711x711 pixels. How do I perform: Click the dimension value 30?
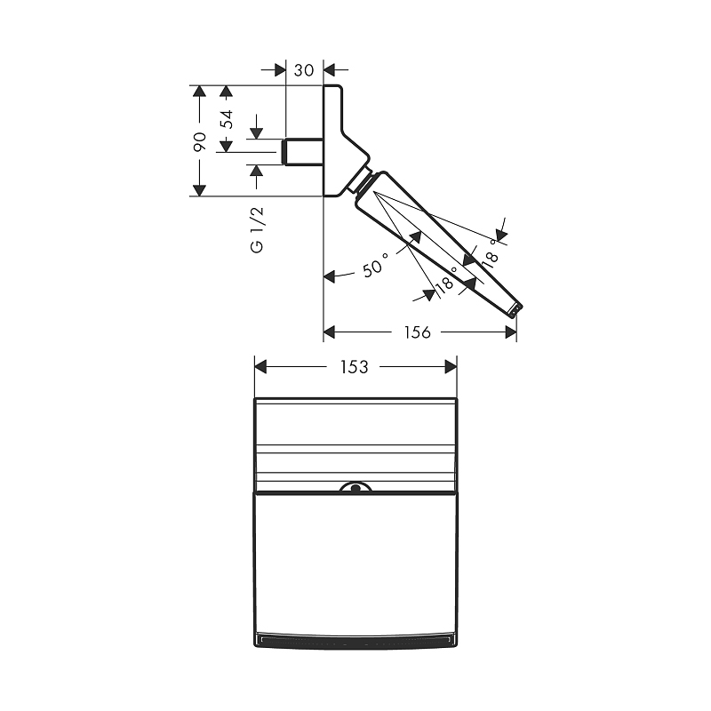coord(304,70)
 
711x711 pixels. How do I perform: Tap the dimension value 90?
coord(199,140)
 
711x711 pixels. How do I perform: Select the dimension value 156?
coord(417,332)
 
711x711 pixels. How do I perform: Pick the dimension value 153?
coord(354,366)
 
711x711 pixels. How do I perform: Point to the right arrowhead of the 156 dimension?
coord(511,332)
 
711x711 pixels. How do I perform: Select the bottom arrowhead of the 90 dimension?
coord(199,189)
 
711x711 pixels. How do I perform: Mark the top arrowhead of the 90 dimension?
coord(199,92)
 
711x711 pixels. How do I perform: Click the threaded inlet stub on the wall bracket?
coord(302,152)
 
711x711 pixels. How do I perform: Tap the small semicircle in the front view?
coord(355,488)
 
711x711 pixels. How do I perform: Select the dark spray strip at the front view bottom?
coord(355,639)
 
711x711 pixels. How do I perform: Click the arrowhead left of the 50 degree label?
coord(330,276)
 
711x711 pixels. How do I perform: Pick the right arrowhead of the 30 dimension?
coord(329,69)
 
